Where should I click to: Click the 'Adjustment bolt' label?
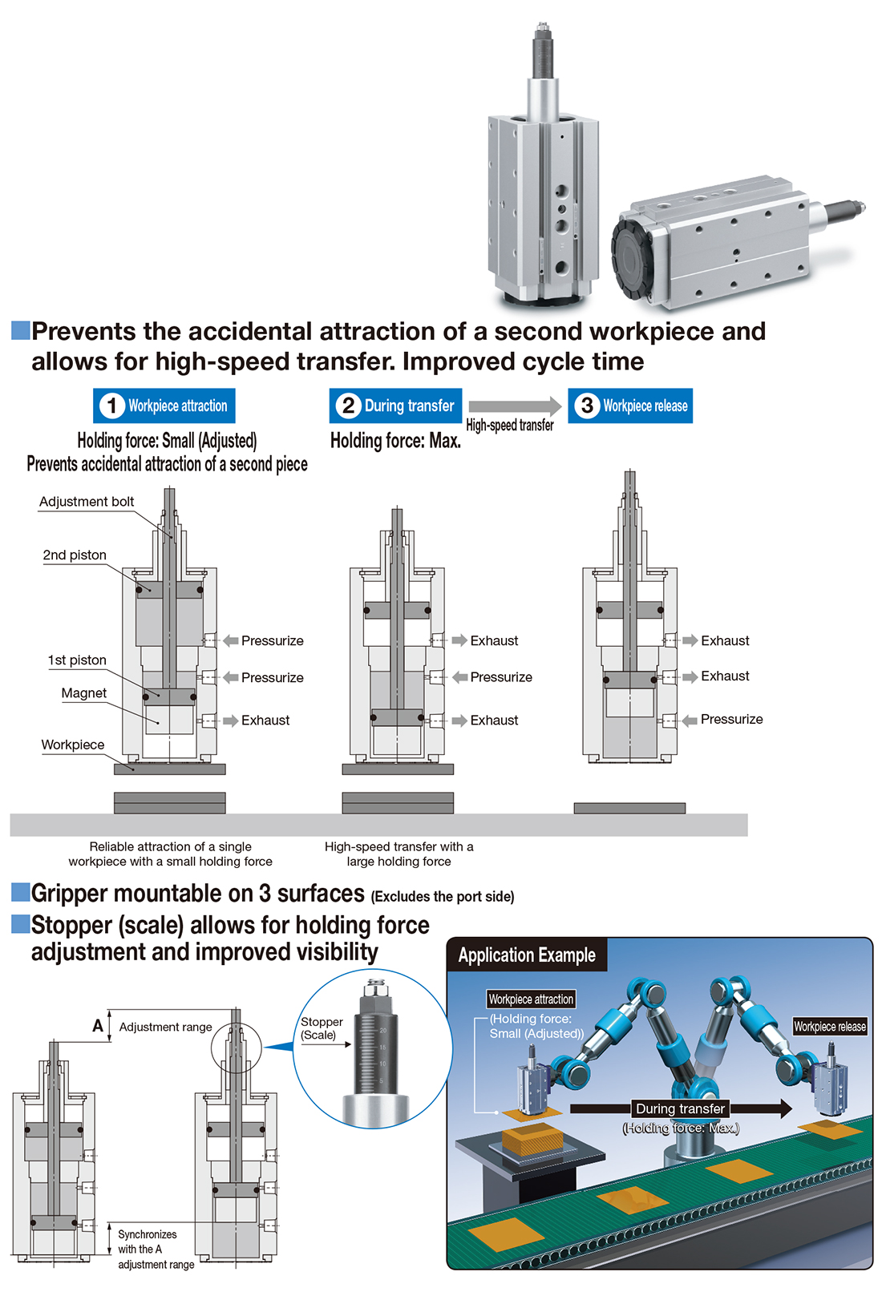tap(87, 501)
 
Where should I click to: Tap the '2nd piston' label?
tap(75, 555)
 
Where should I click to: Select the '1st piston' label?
tap(77, 660)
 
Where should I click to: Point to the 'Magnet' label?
tap(83, 692)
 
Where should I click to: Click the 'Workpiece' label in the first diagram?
tap(73, 745)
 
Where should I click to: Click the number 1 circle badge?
tap(112, 406)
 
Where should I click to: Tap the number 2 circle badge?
tap(349, 406)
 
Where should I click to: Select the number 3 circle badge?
tap(587, 406)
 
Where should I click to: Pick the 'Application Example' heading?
tap(527, 955)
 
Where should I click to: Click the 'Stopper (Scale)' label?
tap(322, 1028)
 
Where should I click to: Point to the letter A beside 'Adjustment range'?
tap(98, 1026)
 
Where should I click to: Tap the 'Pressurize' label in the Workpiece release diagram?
tap(731, 719)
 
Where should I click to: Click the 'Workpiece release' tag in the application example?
tap(830, 1027)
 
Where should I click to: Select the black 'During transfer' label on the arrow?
tap(680, 1108)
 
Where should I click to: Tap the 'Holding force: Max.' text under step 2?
tap(395, 442)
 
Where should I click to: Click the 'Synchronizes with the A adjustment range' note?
tap(156, 1249)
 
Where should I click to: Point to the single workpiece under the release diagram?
tap(629, 808)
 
